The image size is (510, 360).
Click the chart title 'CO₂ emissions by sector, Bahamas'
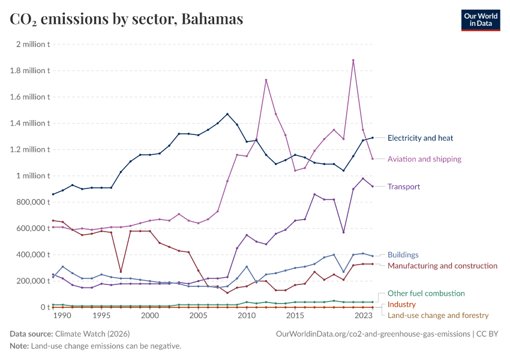coord(127,19)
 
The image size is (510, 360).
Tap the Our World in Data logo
coord(480,19)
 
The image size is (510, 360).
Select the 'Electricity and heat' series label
coord(420,138)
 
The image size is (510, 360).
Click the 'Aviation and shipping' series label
coord(424,159)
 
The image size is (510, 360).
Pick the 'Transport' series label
coord(404,187)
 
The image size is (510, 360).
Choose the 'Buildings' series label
coord(403,255)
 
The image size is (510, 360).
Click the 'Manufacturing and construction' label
coord(442,266)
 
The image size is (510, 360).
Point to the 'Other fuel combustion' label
coord(426,293)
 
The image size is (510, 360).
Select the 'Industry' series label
coord(401,304)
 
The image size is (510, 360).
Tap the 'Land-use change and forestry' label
coord(438,315)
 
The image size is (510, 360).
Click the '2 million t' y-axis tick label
coord(33,44)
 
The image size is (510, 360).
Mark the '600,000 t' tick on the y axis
coord(31,229)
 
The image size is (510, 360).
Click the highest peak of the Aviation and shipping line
coord(353,60)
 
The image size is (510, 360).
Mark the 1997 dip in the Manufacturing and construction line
coord(121,272)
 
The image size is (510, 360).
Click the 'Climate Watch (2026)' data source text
coord(92,334)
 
